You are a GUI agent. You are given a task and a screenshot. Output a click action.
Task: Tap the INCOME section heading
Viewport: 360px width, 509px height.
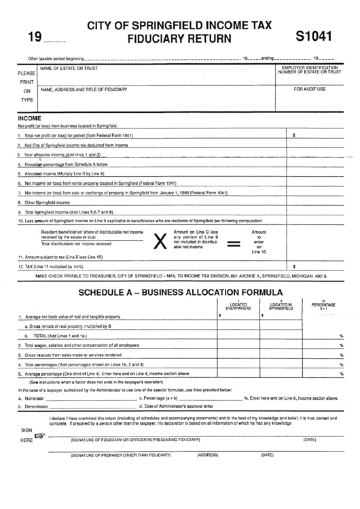click(29, 118)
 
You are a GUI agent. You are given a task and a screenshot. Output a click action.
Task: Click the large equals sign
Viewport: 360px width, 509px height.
click(233, 242)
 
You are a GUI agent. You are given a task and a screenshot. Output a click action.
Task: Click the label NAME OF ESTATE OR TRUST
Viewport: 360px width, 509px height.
click(69, 69)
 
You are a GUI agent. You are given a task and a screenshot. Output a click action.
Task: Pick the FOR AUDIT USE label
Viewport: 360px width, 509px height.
click(310, 89)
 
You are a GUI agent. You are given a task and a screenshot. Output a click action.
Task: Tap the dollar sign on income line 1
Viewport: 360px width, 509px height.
click(293, 136)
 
